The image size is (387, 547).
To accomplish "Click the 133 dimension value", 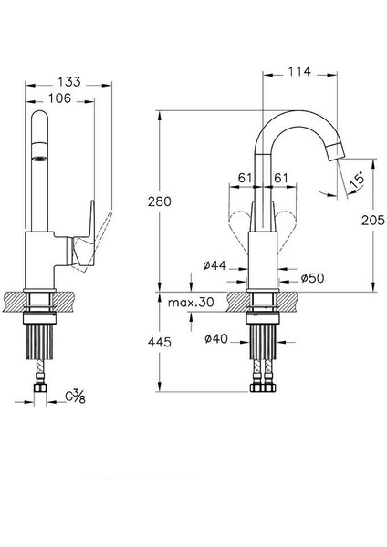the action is [x=69, y=82].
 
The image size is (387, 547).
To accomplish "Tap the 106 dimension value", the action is [x=59, y=98].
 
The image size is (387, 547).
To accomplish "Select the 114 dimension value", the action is [x=299, y=71].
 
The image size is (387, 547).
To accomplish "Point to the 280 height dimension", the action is [x=160, y=201].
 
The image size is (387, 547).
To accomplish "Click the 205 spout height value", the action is [x=373, y=220].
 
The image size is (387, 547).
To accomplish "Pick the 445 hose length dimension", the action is [x=160, y=342].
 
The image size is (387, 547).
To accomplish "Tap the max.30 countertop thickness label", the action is [x=191, y=302].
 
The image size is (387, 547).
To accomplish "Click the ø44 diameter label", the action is [x=214, y=265].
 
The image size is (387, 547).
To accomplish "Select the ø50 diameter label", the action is [x=312, y=278].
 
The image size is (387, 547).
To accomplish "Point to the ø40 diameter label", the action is [x=216, y=338].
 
